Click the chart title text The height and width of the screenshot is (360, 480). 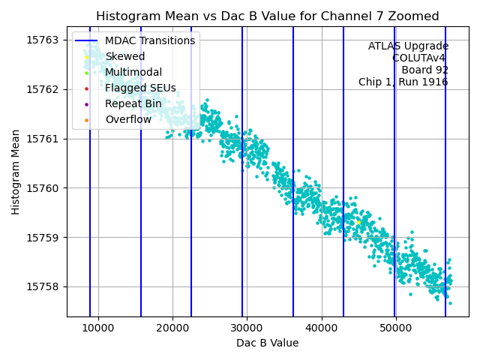click(x=268, y=16)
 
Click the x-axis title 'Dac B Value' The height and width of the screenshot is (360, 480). click(x=268, y=343)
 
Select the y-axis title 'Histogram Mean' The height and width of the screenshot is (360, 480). click(x=16, y=172)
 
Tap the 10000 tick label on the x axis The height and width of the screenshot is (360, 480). click(x=98, y=328)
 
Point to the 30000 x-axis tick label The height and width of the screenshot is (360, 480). click(x=247, y=328)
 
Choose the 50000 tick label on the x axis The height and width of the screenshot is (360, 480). click(x=395, y=328)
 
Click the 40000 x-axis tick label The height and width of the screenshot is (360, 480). click(x=321, y=328)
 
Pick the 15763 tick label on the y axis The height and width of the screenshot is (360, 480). click(x=44, y=40)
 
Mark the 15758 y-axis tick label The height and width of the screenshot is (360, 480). click(x=44, y=286)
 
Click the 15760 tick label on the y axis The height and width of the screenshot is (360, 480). click(x=44, y=188)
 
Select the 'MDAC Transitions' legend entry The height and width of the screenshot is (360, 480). click(x=150, y=40)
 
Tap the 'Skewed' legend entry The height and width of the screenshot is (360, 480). click(x=125, y=56)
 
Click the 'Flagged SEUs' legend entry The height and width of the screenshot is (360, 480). click(x=140, y=88)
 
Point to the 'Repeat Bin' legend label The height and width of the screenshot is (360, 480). click(x=133, y=103)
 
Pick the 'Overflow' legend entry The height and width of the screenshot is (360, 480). click(x=128, y=119)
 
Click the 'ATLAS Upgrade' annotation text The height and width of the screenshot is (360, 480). click(x=408, y=46)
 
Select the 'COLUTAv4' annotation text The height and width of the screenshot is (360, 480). click(x=420, y=58)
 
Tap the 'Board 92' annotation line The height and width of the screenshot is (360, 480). click(x=424, y=70)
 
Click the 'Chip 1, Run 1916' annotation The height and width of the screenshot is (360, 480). click(x=403, y=82)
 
